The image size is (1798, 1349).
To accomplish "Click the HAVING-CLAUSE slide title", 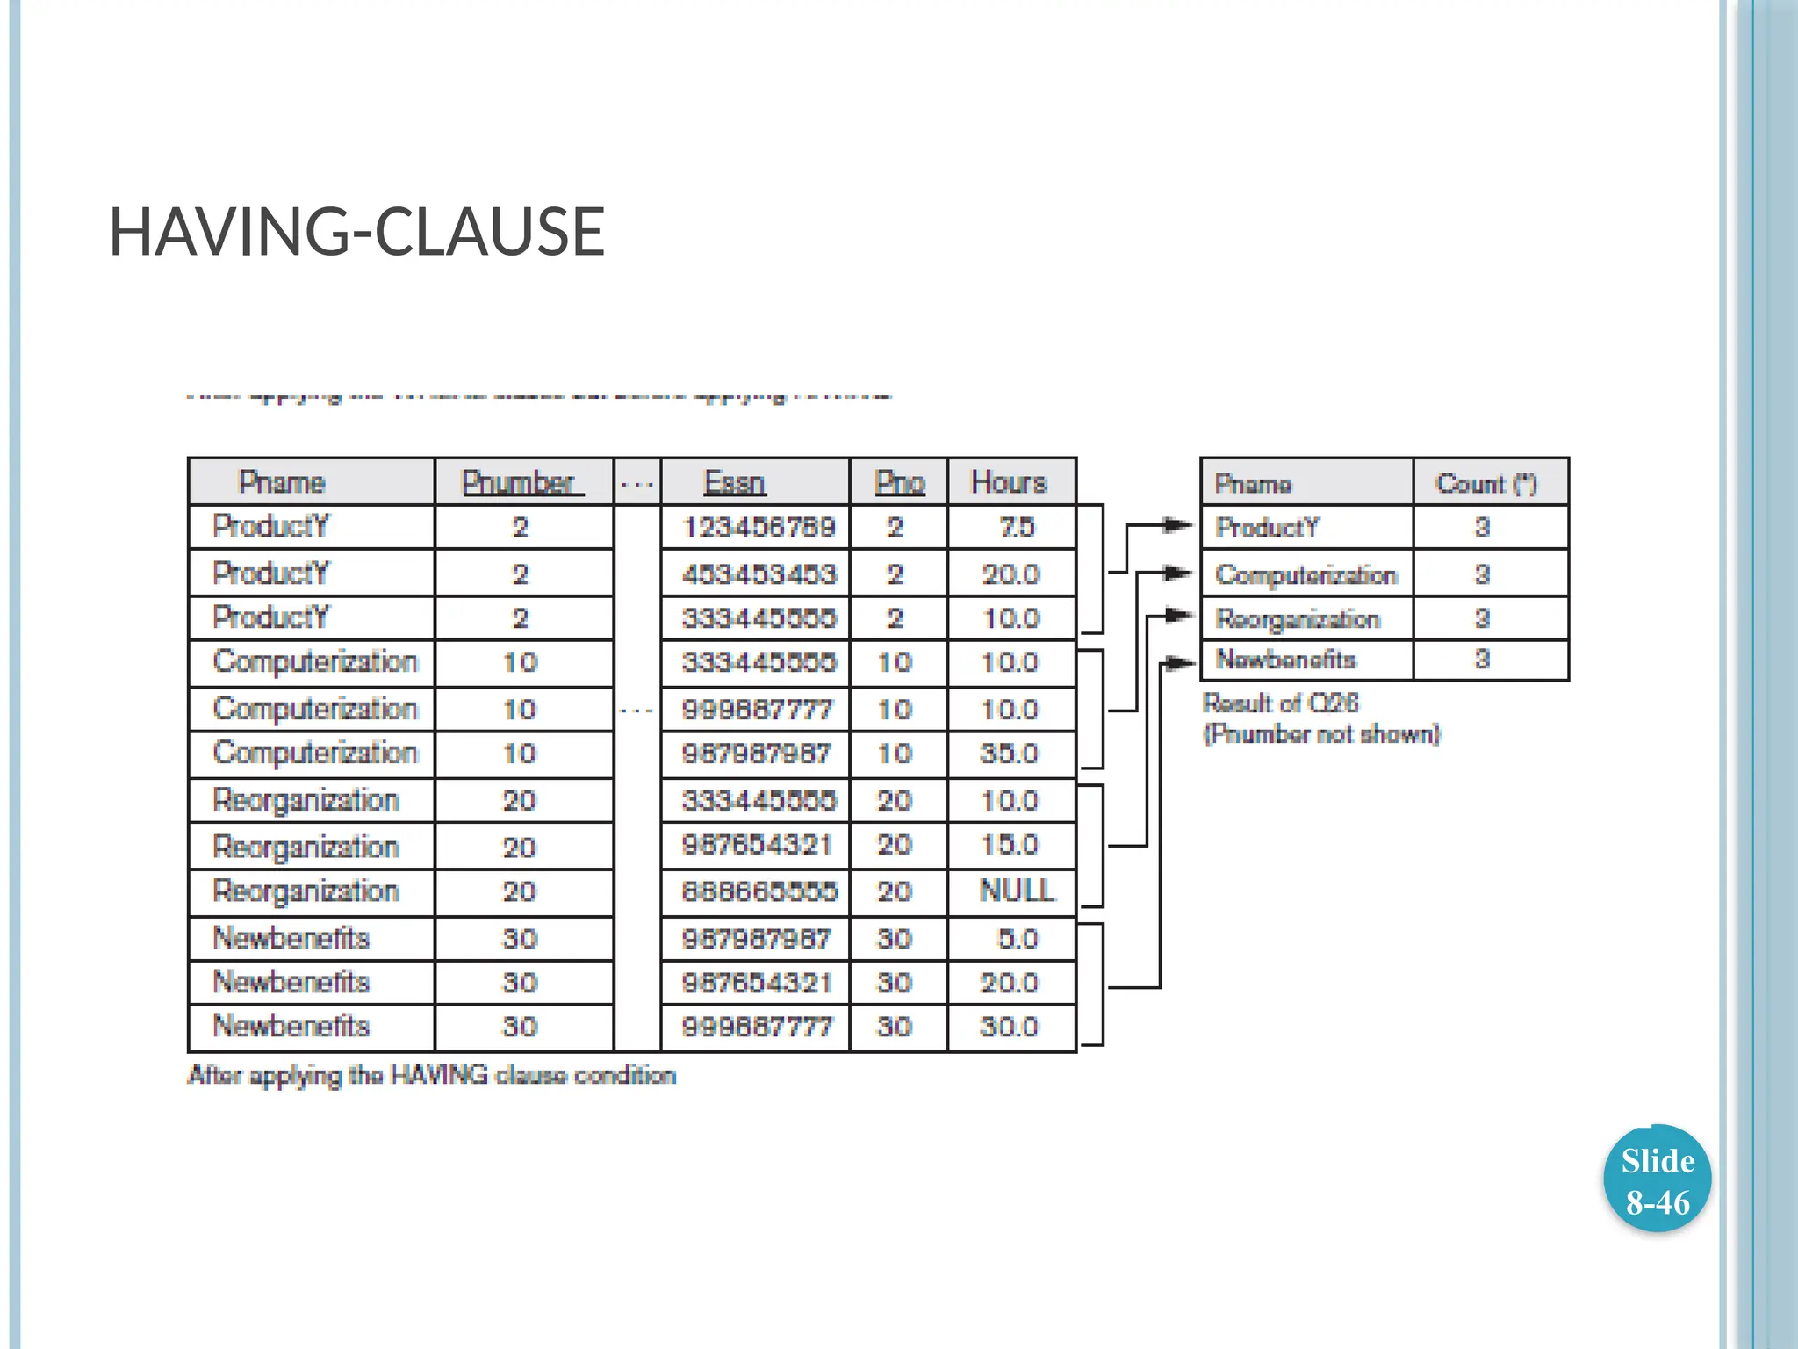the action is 356,232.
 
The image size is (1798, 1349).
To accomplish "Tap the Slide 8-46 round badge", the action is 1657,1179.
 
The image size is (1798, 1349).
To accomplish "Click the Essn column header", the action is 735,482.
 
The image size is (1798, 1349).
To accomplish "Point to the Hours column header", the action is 1009,482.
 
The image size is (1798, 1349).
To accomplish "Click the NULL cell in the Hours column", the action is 1017,891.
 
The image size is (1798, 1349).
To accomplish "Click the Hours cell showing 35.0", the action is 1010,754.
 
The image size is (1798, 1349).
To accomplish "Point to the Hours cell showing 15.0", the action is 1010,845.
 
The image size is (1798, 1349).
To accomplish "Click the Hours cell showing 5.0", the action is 1018,939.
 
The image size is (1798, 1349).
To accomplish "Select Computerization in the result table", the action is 1305,574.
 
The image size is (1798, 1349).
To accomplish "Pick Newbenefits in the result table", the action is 1285,660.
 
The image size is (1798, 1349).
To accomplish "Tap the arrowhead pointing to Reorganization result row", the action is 1179,616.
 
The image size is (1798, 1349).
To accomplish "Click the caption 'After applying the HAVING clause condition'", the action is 432,1075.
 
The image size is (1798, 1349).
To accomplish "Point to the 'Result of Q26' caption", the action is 1280,703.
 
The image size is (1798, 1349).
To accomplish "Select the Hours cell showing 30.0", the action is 1010,1027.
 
